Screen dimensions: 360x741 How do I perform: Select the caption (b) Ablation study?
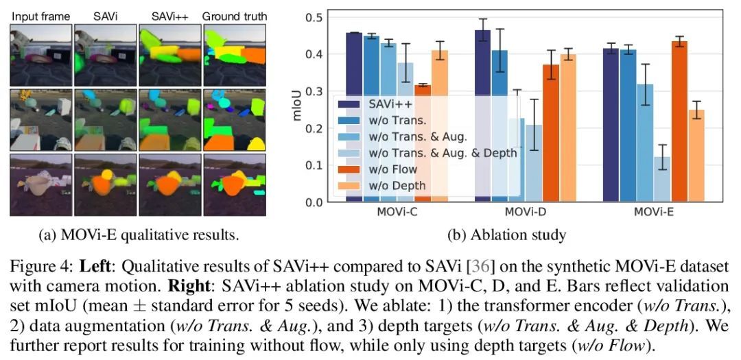507,235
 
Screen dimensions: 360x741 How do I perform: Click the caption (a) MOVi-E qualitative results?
139,235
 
